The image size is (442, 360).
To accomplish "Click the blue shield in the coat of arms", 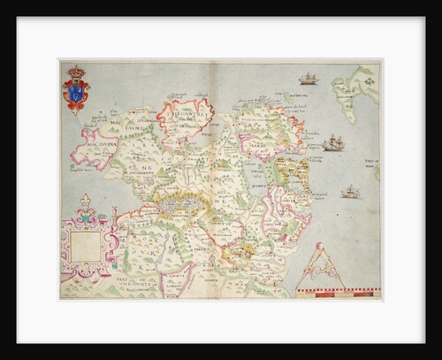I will pyautogui.click(x=77, y=94).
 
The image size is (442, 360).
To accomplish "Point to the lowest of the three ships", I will pyautogui.click(x=350, y=191).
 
